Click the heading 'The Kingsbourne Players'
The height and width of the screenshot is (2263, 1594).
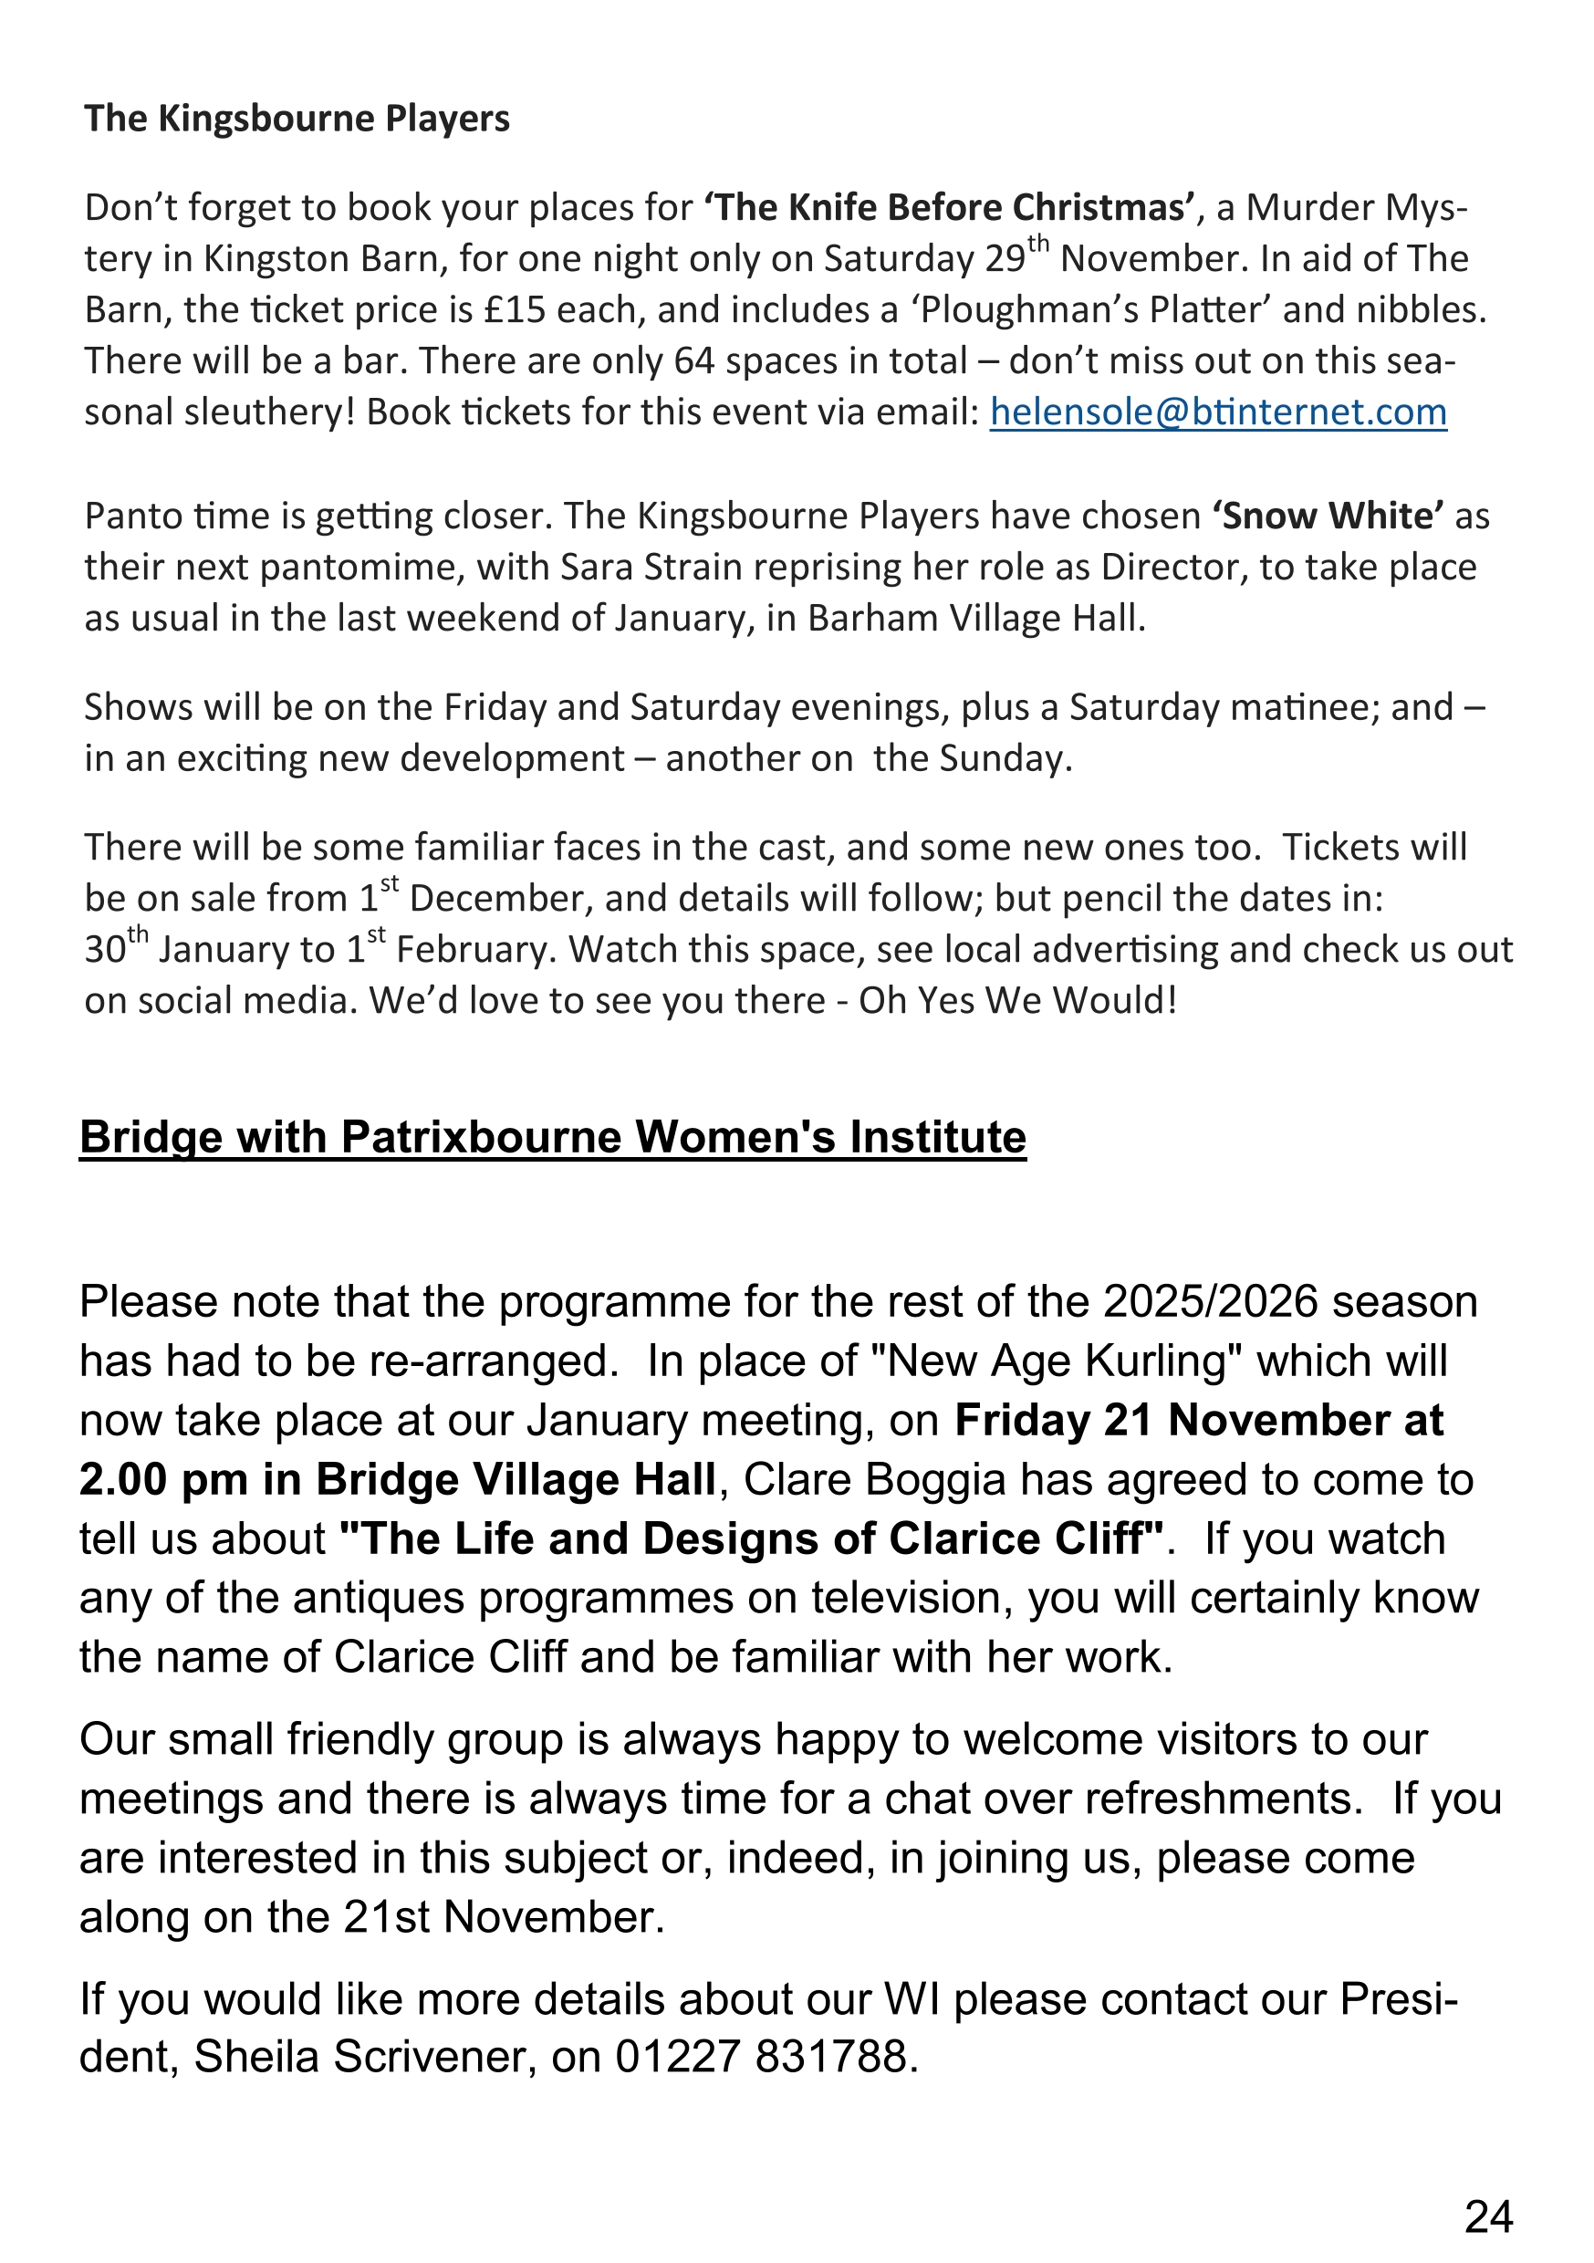[297, 119]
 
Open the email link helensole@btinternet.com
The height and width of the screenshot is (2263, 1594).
[1217, 412]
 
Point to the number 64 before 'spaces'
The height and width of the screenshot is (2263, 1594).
[694, 360]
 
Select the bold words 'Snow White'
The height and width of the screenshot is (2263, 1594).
[1328, 516]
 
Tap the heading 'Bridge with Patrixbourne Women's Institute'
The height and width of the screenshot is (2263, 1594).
[553, 1137]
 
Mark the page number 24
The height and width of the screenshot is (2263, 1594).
[1487, 2216]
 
